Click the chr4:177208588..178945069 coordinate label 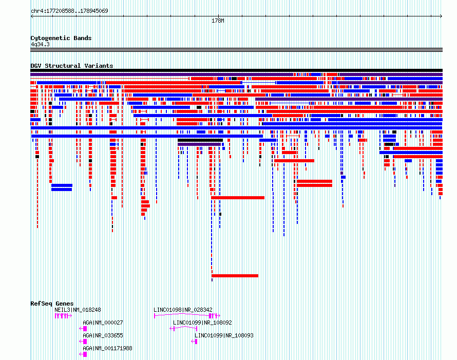point(69,11)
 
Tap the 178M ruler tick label point(218,21)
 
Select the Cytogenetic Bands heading point(61,38)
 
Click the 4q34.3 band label point(40,44)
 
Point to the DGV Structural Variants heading point(72,66)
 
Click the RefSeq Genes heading point(52,304)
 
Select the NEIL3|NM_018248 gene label point(78,310)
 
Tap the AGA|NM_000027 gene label point(103,323)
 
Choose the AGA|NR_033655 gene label point(103,335)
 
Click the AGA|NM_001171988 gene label point(107,348)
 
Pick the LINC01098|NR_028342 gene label point(183,310)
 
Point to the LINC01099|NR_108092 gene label point(202,323)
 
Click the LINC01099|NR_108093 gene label point(224,335)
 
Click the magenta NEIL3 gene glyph point(63,316)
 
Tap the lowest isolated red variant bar point(235,276)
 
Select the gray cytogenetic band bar point(236,50)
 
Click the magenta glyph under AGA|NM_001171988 point(83,354)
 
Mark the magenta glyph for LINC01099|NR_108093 point(195,342)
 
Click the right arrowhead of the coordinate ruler point(441,16)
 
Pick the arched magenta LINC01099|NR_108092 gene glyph point(184,327)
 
